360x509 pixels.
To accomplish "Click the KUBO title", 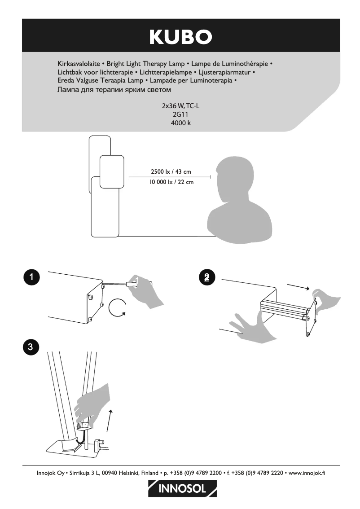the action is pos(180,37).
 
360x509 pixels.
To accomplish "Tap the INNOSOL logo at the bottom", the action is pos(182,488).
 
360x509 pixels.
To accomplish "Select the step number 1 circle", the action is pos(31,277).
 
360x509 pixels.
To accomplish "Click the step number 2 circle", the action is pos(207,277).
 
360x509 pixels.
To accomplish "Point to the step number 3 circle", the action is pos(31,347).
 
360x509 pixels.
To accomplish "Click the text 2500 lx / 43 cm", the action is pos(171,172).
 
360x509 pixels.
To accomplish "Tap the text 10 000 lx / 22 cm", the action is pos(171,182).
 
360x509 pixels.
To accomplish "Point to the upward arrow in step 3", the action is pos(110,421).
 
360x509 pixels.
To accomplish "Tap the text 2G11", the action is pos(180,114).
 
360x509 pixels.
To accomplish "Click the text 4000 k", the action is pos(181,123).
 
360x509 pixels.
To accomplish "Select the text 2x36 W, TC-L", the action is pos(180,106).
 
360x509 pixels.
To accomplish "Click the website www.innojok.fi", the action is pos(307,473).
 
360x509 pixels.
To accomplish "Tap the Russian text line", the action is pos(114,90).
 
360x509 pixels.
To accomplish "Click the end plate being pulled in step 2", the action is pos(311,318).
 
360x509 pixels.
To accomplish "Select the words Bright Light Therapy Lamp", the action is pos(145,64).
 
